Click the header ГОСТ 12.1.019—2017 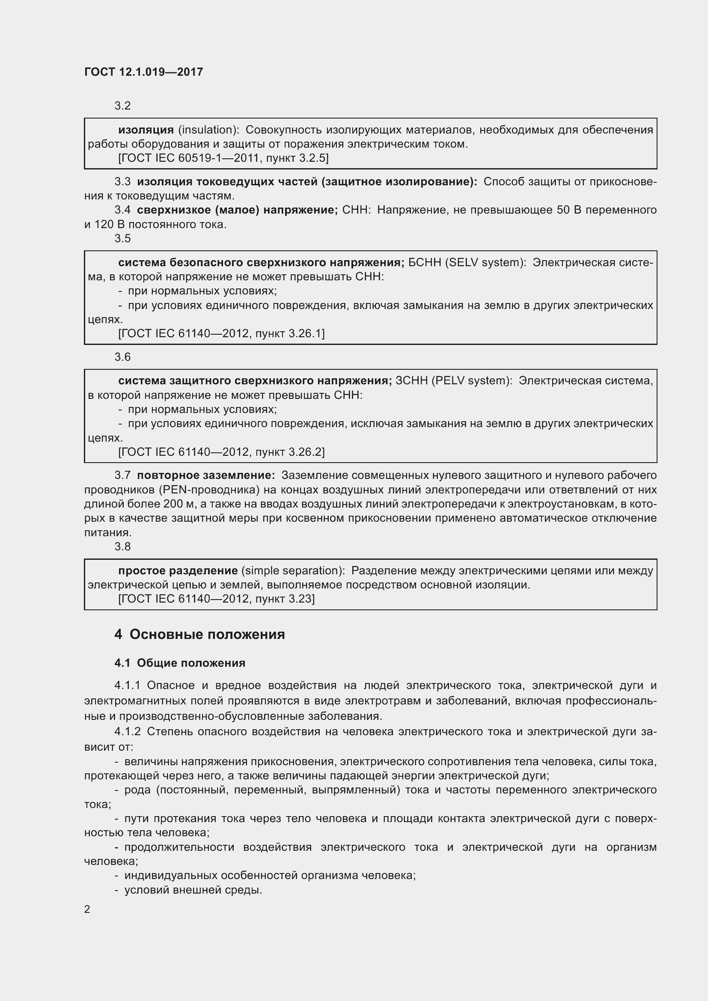[143, 72]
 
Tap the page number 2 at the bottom [87, 909]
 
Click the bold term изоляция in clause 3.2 [146, 130]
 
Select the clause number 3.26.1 [305, 333]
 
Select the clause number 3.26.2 [305, 451]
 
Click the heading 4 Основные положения [199, 634]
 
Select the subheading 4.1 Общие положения [180, 662]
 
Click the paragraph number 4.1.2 [127, 731]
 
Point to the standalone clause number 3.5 [122, 238]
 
